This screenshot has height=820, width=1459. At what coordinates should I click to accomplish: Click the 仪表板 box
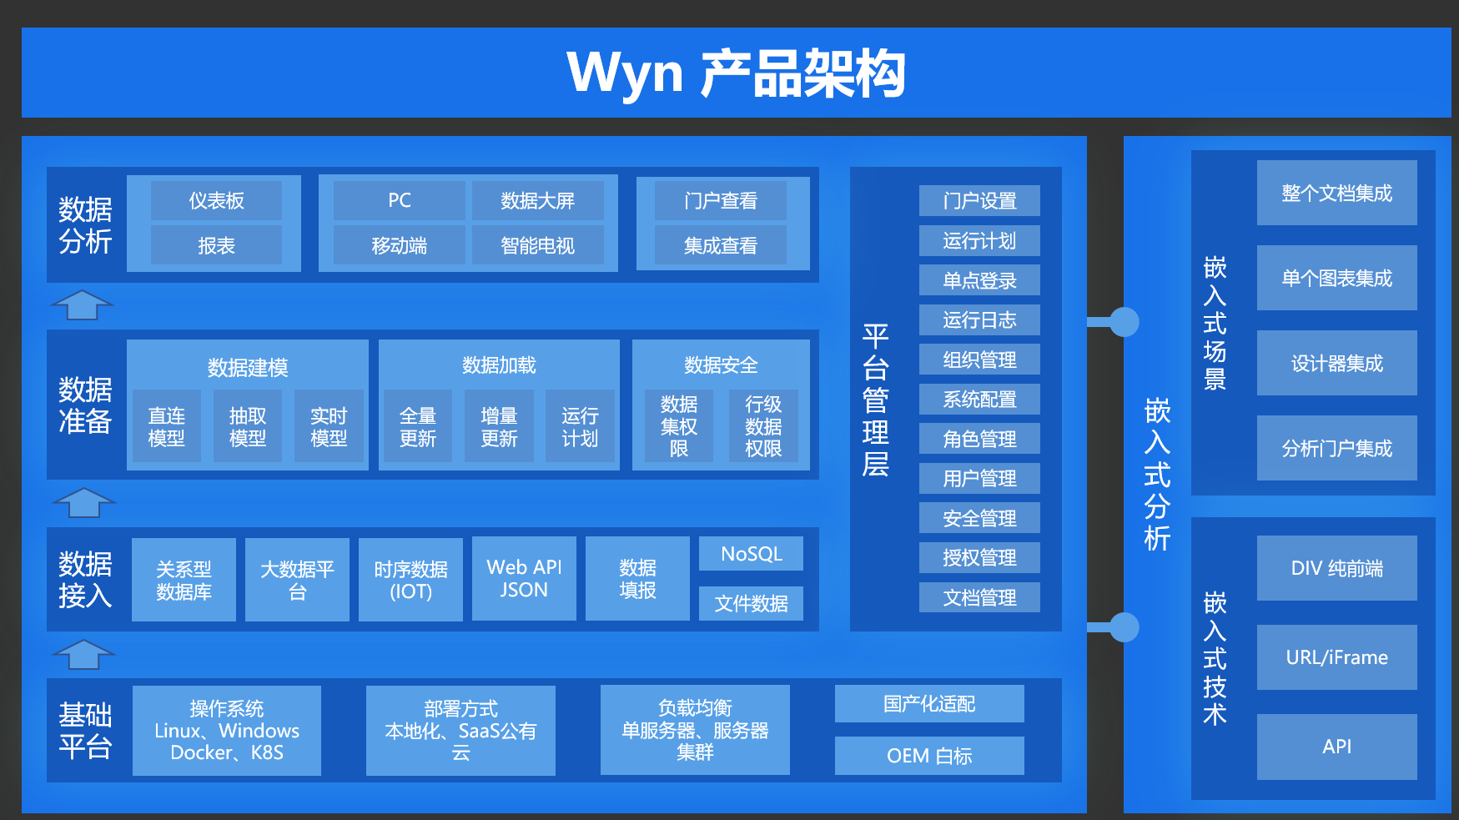pos(216,201)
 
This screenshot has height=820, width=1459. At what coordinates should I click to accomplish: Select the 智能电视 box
pos(538,245)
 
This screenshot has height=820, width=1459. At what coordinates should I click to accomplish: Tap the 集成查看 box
pos(721,245)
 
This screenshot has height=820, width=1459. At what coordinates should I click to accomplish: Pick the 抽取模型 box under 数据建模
pos(248,426)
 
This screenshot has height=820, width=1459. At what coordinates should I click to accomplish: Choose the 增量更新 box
pos(499,426)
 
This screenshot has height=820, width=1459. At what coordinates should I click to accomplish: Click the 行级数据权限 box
pos(763,426)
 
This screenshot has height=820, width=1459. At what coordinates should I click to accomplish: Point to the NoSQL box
pos(751,554)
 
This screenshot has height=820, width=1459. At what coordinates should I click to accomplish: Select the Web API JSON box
pos(524,579)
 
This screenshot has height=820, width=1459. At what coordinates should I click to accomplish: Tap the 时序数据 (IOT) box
pos(410,580)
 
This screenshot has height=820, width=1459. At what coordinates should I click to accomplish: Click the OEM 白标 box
pos(929,756)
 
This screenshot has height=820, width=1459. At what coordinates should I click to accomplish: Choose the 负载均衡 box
pos(695,730)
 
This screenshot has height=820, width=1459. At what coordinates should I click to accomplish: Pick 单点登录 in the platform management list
pos(979,280)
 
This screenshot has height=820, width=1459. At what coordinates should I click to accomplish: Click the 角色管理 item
pos(979,439)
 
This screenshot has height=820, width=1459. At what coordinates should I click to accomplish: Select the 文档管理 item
pos(979,597)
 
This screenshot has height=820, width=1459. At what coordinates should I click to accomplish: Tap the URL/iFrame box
pos(1336,657)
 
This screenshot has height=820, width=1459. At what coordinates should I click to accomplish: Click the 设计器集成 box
pos(1336,363)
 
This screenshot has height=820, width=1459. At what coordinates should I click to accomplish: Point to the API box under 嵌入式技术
pos(1336,747)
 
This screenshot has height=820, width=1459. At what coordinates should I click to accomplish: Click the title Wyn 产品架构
pos(736,73)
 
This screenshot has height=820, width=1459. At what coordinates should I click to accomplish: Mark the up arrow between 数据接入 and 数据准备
pos(83,502)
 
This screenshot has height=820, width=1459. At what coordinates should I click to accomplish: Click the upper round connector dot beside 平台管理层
pos(1124,322)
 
